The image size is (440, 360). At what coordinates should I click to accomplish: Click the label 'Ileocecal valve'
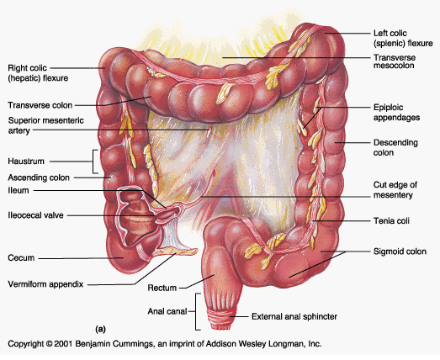pyautogui.click(x=35, y=215)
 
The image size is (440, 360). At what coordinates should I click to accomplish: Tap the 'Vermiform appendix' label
pyautogui.click(x=45, y=284)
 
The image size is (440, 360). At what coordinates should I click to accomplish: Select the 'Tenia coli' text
pyautogui.click(x=391, y=221)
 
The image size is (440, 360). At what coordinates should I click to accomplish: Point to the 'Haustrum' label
pyautogui.click(x=26, y=161)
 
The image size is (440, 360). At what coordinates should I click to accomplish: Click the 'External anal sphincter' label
pyautogui.click(x=294, y=316)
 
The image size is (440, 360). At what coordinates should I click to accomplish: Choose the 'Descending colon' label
pyautogui.click(x=395, y=147)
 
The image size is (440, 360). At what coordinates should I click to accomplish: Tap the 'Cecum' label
pyautogui.click(x=21, y=258)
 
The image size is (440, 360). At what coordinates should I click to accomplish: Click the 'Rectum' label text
pyautogui.click(x=162, y=288)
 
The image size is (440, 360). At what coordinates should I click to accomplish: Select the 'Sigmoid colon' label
pyautogui.click(x=400, y=251)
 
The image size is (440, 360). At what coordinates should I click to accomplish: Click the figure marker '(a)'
pyautogui.click(x=100, y=329)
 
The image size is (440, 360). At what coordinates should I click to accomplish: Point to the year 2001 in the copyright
pyautogui.click(x=64, y=344)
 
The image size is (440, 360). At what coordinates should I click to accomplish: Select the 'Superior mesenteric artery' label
pyautogui.click(x=45, y=125)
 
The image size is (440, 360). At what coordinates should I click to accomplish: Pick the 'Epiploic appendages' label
pyautogui.click(x=396, y=112)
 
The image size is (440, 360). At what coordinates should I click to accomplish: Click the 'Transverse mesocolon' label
pyautogui.click(x=395, y=61)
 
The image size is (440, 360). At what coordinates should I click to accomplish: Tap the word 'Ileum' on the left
pyautogui.click(x=19, y=190)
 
